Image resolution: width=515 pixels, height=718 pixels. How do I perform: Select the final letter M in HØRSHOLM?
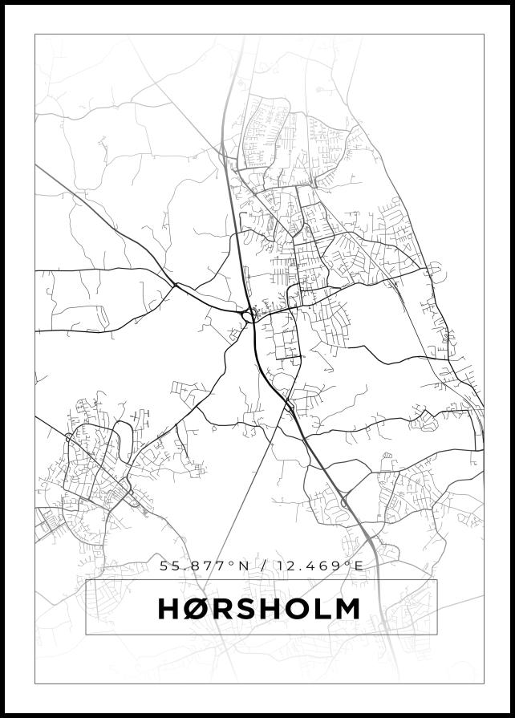pos(347,609)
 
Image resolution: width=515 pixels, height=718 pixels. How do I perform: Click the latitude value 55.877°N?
pos(205,566)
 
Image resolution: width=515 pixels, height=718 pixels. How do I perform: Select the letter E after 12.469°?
pos(359,566)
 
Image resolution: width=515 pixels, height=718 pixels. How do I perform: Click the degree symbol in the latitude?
pos(233,562)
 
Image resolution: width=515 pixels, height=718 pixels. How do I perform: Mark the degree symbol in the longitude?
pos(348,562)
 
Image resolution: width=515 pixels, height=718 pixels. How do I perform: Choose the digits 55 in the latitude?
pos(169,566)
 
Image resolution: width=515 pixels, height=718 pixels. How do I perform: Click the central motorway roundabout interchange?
pos(249,316)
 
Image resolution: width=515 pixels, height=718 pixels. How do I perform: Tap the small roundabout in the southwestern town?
pos(67,437)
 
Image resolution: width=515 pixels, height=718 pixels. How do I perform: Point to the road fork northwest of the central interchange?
pos(174,284)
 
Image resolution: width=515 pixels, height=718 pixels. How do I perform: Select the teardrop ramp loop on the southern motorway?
pos(345,502)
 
